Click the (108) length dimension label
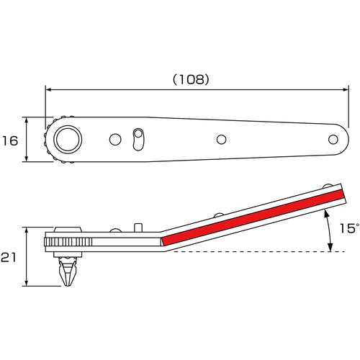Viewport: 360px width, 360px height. click(191, 79)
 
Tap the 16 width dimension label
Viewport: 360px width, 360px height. click(10, 140)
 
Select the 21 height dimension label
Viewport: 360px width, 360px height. click(8, 258)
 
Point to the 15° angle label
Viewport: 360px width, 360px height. click(350, 228)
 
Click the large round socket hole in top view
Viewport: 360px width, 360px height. click(68, 139)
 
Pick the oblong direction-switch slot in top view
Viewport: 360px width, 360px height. click(138, 140)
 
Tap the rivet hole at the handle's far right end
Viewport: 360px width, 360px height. click(333, 140)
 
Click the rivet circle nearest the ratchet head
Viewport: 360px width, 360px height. click(115, 140)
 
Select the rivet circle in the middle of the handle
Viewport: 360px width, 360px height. click(221, 140)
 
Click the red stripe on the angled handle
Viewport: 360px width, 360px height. click(253, 217)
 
